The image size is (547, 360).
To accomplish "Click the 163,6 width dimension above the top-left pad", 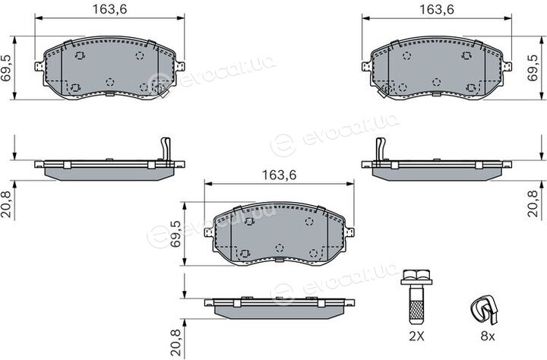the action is [x=109, y=9].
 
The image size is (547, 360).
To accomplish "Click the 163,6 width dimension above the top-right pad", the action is [x=436, y=9].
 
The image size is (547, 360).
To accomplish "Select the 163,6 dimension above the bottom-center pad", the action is [x=279, y=175].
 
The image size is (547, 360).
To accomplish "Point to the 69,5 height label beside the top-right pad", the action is [x=533, y=68].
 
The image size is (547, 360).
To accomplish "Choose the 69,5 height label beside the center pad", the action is [x=175, y=234].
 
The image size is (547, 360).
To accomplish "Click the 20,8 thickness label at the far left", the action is [x=6, y=204].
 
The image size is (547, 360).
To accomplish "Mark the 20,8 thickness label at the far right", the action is [x=533, y=204].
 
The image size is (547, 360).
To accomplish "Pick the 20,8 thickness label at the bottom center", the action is [x=175, y=343].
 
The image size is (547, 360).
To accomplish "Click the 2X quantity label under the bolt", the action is [x=416, y=336].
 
